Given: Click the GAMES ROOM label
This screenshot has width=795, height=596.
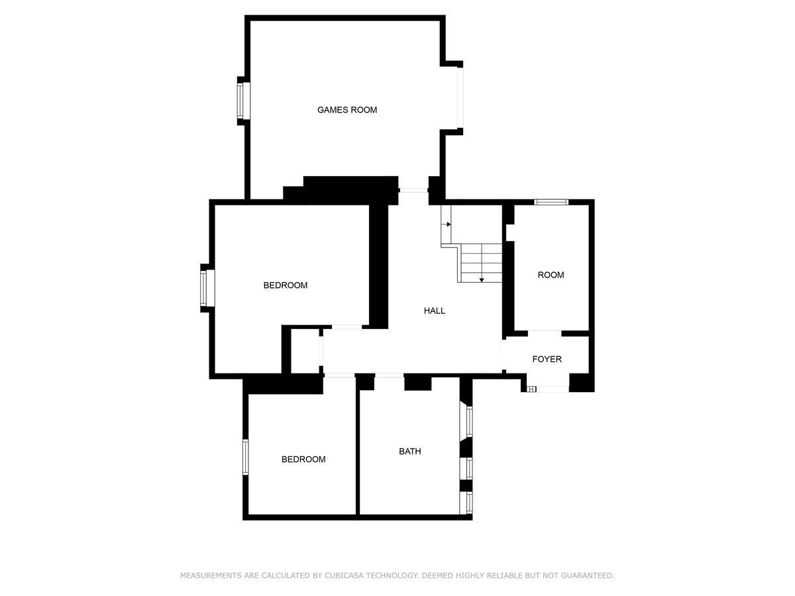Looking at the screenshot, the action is pyautogui.click(x=347, y=110).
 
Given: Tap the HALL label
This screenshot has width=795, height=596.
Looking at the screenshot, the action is pyautogui.click(x=434, y=311).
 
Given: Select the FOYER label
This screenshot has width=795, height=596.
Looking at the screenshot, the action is pyautogui.click(x=547, y=360).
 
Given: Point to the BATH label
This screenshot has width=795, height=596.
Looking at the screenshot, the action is pyautogui.click(x=410, y=452).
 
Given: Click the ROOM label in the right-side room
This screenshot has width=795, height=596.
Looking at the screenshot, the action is pyautogui.click(x=551, y=275).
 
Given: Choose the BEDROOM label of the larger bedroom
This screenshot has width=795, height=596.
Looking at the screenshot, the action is pyautogui.click(x=286, y=285).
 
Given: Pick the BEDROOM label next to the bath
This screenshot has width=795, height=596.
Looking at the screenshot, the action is pyautogui.click(x=303, y=460).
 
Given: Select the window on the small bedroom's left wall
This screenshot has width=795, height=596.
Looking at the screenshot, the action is pyautogui.click(x=246, y=457).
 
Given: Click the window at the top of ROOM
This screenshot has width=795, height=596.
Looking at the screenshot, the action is pyautogui.click(x=551, y=202).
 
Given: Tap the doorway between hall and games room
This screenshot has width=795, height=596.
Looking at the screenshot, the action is pyautogui.click(x=413, y=190).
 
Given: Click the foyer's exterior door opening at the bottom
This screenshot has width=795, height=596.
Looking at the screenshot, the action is pyautogui.click(x=553, y=389).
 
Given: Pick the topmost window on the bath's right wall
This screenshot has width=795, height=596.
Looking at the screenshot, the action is pyautogui.click(x=470, y=422).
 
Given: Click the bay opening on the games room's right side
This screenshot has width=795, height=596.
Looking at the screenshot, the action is pyautogui.click(x=460, y=98).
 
